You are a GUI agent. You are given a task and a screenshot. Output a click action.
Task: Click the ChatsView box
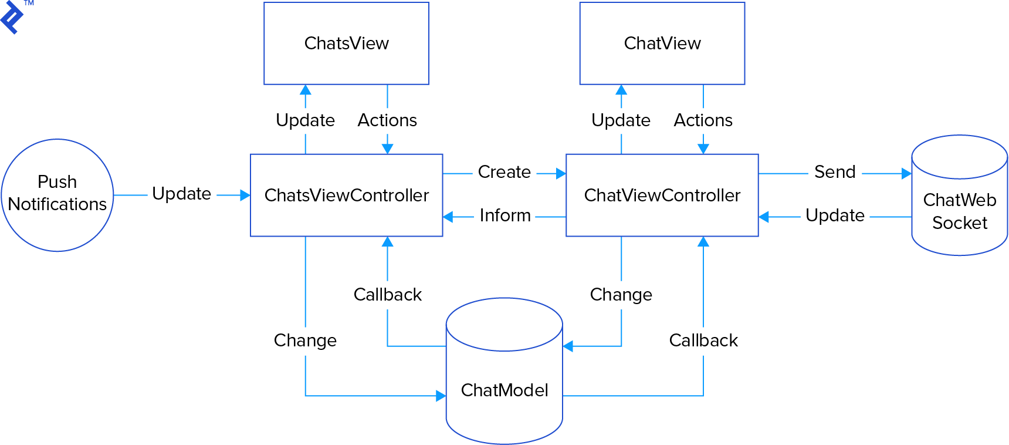[x=346, y=43]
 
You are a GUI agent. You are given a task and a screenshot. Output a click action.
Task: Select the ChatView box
[x=662, y=43]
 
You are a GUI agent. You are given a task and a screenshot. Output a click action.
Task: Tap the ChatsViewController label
[x=346, y=195]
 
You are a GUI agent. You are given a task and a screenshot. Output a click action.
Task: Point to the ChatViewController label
[x=662, y=195]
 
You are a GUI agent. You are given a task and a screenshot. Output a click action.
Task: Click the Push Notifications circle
[x=57, y=194]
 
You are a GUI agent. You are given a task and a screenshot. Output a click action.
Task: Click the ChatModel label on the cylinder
[x=504, y=390]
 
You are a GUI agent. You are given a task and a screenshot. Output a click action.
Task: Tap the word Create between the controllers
[x=504, y=172]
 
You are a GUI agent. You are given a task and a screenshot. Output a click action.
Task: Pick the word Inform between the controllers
[x=504, y=215]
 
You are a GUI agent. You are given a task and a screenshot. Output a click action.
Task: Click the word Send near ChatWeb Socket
[x=834, y=172]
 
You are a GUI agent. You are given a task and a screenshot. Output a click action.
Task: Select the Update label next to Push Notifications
[x=181, y=194]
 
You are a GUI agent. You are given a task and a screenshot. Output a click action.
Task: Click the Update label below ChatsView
[x=305, y=120]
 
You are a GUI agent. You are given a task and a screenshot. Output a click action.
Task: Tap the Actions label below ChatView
[x=703, y=120]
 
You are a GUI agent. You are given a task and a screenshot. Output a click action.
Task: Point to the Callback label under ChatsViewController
[x=387, y=294]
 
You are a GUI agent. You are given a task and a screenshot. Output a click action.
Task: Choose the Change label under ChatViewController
[x=621, y=294]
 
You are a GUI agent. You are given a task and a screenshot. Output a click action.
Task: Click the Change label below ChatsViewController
[x=305, y=340]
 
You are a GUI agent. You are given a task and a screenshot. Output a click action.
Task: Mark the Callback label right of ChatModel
[x=703, y=340]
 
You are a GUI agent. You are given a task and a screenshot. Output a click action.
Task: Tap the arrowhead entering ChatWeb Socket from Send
[x=906, y=174]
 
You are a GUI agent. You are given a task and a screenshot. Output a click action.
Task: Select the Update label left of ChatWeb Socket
[x=834, y=215]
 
